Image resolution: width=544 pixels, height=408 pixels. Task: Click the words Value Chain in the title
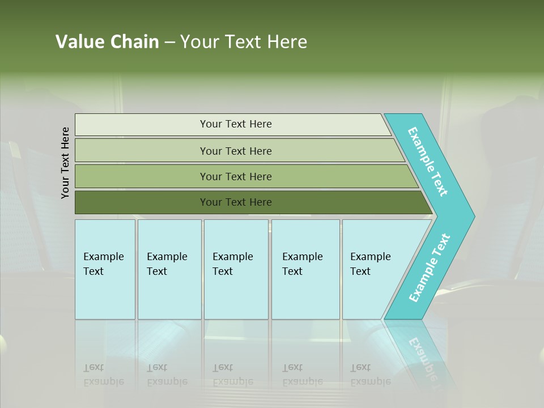(107, 42)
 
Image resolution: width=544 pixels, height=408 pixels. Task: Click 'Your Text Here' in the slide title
(244, 42)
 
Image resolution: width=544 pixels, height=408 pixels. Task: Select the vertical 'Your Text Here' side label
(65, 163)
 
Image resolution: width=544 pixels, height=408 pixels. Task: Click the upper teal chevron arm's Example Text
(428, 161)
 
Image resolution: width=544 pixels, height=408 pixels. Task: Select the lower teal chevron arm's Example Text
(430, 268)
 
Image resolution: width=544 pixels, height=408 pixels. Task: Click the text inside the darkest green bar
(236, 202)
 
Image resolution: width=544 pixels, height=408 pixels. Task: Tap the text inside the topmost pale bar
(236, 124)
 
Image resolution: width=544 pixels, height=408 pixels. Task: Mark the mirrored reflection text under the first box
(103, 375)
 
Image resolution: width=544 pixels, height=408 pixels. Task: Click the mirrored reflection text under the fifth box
(370, 375)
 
